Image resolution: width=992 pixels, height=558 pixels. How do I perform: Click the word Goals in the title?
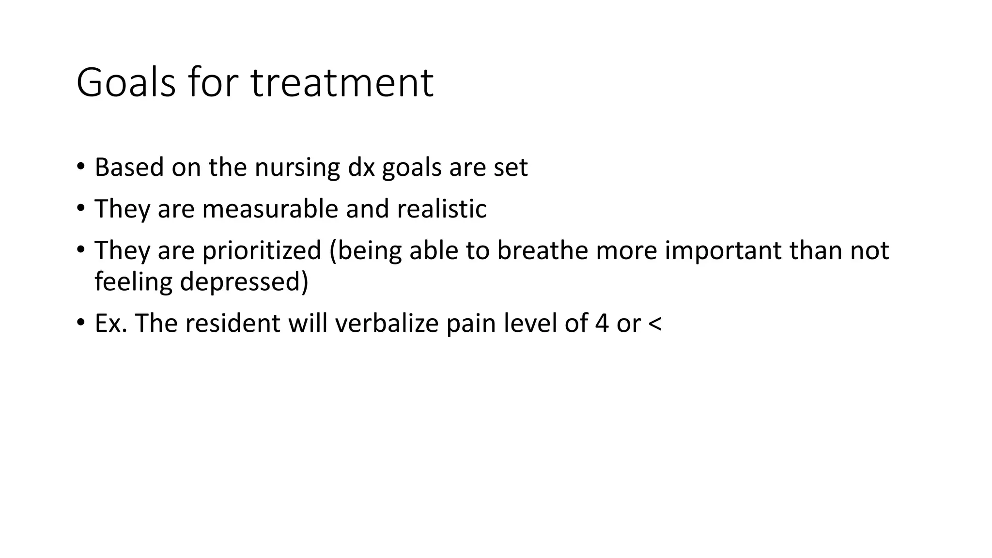click(126, 83)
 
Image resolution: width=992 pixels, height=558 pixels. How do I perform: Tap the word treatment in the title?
click(342, 83)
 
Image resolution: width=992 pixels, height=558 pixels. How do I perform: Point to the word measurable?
click(270, 209)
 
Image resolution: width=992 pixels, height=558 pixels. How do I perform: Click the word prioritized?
click(262, 250)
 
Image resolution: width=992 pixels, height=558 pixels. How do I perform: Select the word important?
click(723, 250)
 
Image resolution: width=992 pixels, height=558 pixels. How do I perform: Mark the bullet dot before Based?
click(80, 167)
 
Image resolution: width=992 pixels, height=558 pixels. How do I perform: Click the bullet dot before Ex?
click(80, 322)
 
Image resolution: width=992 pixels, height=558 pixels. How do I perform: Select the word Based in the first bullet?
click(129, 168)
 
